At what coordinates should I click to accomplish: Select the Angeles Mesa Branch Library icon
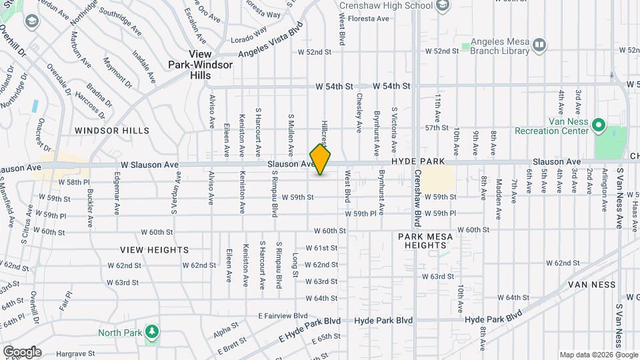(539, 45)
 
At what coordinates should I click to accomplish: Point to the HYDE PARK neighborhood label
(417, 162)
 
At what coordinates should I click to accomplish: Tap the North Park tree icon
(152, 331)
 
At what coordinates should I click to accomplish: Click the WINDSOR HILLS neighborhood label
(112, 131)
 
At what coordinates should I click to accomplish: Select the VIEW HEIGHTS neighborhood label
(155, 250)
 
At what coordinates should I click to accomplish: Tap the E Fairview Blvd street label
(283, 315)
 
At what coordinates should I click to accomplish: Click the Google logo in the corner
(21, 352)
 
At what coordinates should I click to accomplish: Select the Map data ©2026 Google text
(598, 355)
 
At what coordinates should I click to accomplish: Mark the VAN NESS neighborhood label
(595, 285)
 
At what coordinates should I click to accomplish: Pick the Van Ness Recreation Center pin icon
(598, 125)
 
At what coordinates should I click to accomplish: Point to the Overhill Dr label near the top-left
(12, 40)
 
